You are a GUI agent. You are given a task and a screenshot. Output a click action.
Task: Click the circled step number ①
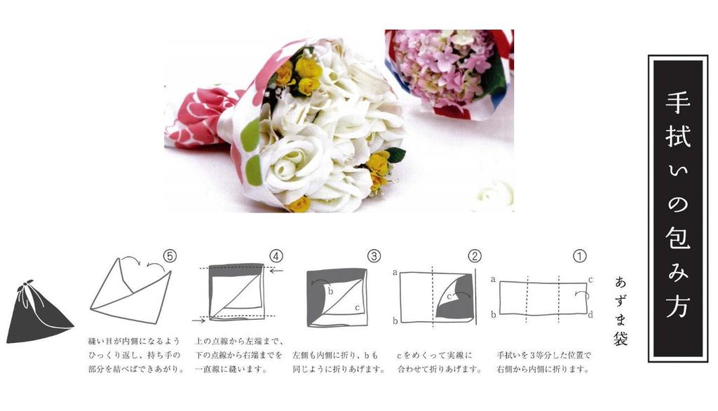580,256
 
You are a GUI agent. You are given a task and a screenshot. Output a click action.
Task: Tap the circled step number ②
475,256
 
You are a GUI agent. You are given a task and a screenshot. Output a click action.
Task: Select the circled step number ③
374,256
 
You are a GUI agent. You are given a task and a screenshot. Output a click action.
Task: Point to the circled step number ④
276,256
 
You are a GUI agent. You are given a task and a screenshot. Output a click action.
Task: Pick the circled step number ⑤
170,256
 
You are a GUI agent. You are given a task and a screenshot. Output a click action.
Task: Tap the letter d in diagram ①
590,314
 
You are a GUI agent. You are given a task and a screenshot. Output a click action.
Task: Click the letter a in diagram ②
395,273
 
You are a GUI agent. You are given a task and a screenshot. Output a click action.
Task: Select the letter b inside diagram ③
331,291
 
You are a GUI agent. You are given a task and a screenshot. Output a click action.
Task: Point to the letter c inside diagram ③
357,308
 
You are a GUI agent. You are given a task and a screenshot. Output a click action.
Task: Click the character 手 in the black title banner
678,102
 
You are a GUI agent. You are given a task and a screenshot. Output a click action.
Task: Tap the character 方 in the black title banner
678,303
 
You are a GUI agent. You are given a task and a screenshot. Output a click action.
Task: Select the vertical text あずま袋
621,311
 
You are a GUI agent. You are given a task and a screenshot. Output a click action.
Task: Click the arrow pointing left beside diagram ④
276,271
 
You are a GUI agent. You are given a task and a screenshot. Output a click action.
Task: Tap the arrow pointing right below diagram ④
198,321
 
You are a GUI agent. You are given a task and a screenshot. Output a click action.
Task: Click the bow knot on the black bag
27,285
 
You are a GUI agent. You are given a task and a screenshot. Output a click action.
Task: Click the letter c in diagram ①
590,280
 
